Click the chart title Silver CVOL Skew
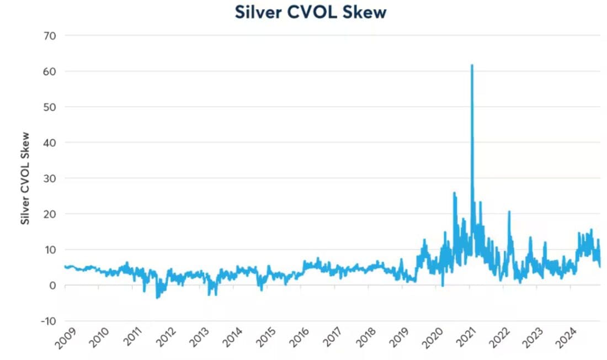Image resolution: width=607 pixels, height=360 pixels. coord(310,12)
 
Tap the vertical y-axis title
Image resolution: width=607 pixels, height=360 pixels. coord(25,178)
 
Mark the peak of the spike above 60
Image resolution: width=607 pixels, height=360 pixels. coord(472,65)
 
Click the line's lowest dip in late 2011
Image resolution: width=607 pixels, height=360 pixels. coord(157,298)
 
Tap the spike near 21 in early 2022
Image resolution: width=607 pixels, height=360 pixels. coord(509,211)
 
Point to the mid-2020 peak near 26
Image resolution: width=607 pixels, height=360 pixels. coord(454,193)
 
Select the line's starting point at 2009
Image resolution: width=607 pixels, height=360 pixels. coord(65,266)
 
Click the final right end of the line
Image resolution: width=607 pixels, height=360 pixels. coord(600,266)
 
